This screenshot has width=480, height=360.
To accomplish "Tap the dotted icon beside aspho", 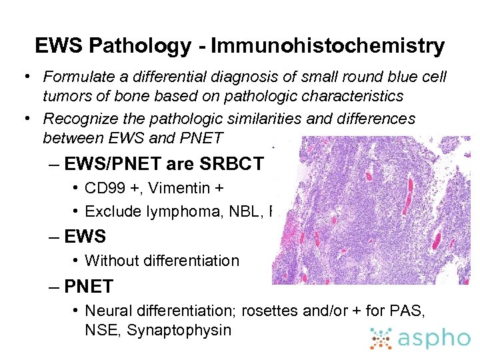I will click(x=383, y=338).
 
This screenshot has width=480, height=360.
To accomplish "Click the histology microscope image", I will click(x=371, y=210).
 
